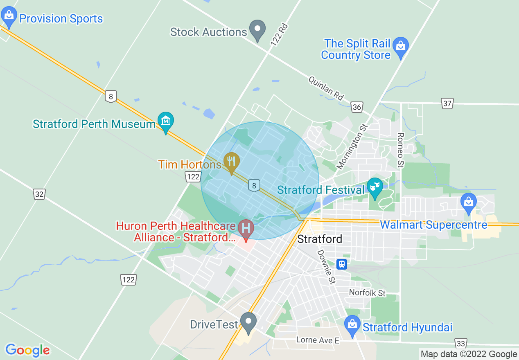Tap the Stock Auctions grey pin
(x=257, y=30)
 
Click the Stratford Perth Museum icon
(x=166, y=121)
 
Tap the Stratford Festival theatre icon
(x=374, y=188)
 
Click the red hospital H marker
(x=246, y=227)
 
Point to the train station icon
(x=342, y=264)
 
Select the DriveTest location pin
(x=248, y=322)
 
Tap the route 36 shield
(x=357, y=107)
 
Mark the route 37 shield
(x=447, y=103)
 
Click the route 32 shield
(x=39, y=194)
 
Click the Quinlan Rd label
(x=326, y=88)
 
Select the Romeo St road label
(x=401, y=150)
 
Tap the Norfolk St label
(x=367, y=293)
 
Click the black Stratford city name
(x=320, y=239)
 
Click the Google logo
(x=27, y=350)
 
